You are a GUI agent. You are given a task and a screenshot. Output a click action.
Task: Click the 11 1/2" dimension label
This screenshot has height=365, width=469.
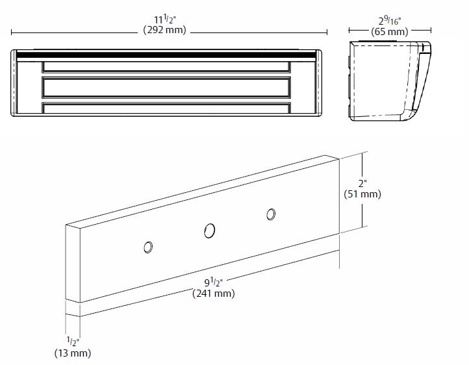165,19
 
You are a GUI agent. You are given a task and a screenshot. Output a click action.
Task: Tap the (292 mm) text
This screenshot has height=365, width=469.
165,30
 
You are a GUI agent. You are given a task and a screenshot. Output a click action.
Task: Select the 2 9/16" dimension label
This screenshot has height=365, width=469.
390,21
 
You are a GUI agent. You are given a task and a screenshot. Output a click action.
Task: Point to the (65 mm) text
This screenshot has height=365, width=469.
390,31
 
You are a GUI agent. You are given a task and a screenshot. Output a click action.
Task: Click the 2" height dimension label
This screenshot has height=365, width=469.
362,183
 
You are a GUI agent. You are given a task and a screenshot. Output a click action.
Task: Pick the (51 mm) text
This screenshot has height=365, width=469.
362,194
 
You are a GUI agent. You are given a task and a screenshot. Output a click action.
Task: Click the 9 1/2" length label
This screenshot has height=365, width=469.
214,283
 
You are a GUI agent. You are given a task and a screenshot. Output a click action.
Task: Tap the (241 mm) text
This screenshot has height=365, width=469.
214,294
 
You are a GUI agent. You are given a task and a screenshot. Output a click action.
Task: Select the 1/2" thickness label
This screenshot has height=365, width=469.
73,342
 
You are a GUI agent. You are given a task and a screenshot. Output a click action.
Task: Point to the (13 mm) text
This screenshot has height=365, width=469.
73,353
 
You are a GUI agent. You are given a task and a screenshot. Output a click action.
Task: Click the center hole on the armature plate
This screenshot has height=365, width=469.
209,231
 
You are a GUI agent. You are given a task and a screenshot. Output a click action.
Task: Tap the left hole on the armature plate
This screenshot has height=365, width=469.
148,247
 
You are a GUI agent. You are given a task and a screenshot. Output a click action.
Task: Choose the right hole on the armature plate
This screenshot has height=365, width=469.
271,214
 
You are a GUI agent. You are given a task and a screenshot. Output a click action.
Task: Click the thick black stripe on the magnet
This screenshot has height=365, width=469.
166,55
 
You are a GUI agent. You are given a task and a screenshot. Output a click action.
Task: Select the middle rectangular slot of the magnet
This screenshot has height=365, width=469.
166,87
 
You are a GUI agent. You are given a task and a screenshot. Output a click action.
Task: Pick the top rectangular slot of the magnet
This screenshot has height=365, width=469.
166,67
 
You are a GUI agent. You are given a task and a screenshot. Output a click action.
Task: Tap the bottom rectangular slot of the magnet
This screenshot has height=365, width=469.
166,108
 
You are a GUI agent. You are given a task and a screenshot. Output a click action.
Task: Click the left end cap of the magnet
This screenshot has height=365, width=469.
14,82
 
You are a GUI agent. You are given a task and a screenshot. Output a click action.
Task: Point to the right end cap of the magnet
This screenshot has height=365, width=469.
319,82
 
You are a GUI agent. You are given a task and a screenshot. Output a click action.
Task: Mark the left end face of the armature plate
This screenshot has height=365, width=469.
73,264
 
